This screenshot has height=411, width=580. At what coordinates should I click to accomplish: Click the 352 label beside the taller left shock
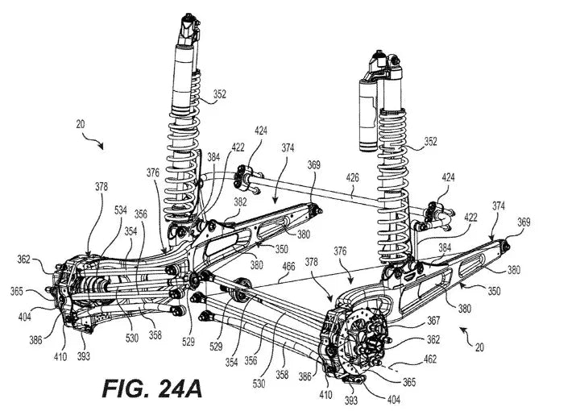pyautogui.click(x=220, y=95)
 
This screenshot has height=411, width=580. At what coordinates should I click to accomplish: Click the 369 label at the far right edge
pyautogui.click(x=524, y=220)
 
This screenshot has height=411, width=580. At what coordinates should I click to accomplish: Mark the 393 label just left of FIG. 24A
pyautogui.click(x=83, y=355)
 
